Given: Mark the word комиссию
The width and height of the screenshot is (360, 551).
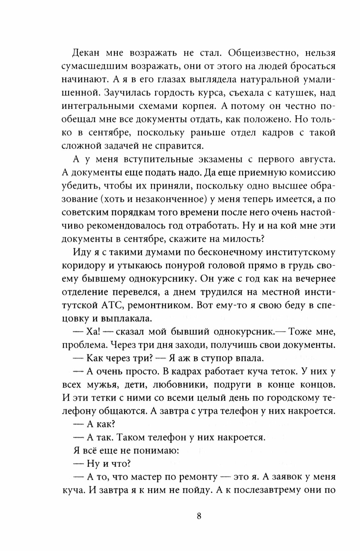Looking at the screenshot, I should [x=310, y=173].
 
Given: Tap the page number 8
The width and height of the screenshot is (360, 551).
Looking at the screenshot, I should [x=199, y=517].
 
